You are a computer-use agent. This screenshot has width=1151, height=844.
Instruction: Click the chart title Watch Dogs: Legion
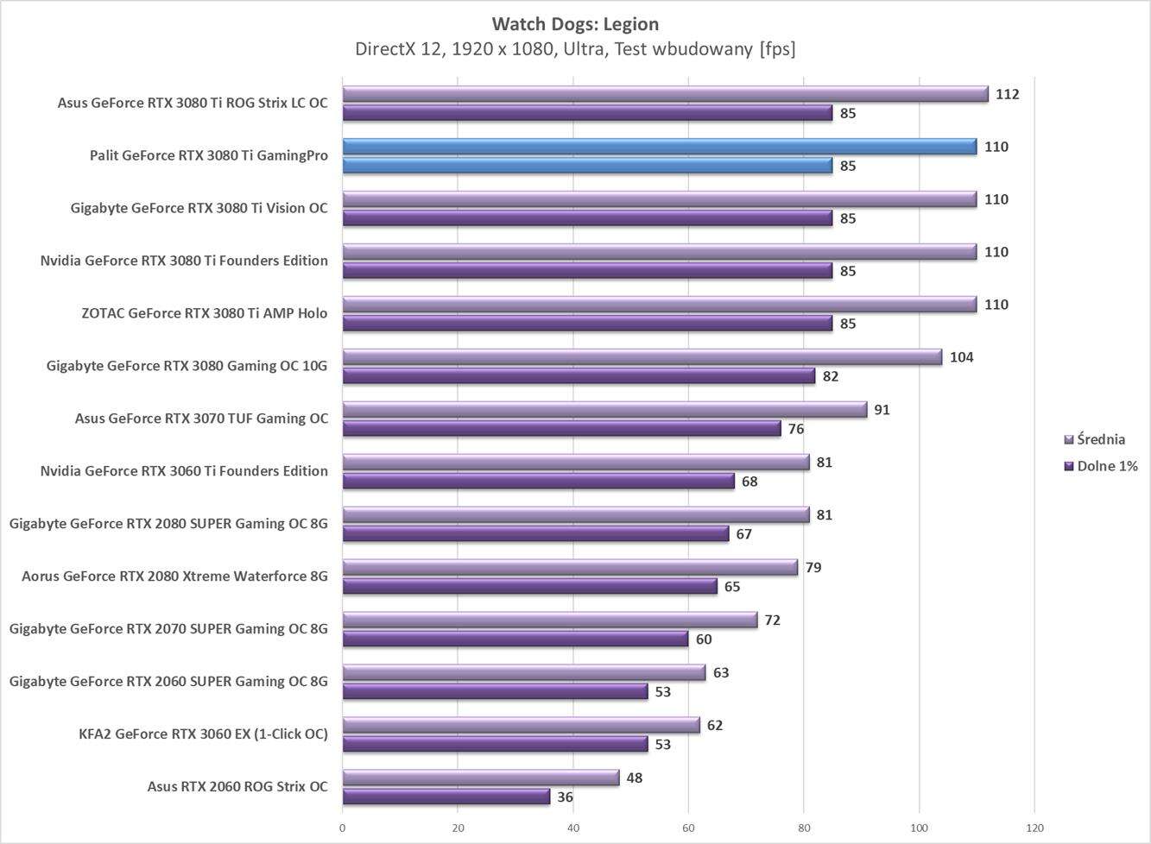click(x=575, y=23)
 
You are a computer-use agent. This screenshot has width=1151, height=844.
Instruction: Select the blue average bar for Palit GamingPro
click(x=659, y=147)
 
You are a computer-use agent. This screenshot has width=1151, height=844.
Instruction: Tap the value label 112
click(x=1007, y=94)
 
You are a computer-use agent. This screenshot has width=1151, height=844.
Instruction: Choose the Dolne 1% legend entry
click(x=1106, y=466)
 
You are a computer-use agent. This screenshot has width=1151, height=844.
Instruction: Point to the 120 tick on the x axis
click(x=1034, y=828)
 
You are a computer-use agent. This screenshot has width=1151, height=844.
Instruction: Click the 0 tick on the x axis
click(x=343, y=828)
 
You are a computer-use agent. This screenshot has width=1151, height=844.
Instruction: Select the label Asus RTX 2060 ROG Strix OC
click(x=237, y=786)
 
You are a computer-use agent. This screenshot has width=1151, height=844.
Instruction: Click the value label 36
click(x=565, y=797)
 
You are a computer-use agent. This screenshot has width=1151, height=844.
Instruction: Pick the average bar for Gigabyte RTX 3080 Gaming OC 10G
click(x=642, y=357)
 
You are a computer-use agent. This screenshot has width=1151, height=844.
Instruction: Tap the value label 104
click(x=961, y=357)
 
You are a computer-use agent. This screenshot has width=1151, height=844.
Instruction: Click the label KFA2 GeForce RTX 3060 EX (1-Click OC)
click(x=203, y=734)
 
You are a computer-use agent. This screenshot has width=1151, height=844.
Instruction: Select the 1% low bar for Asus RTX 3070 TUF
click(x=561, y=429)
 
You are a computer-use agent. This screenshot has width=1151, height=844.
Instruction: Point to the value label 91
click(x=882, y=410)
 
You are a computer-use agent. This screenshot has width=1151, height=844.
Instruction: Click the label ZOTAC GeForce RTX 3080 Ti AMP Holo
click(x=205, y=313)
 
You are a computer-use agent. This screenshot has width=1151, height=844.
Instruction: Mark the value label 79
click(x=813, y=568)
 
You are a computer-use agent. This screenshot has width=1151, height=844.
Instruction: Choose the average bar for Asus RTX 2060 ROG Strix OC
click(x=480, y=778)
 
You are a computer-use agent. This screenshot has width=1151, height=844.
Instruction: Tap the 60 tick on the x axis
click(x=688, y=828)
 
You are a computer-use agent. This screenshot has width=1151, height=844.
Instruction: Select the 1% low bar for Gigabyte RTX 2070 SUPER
click(x=515, y=639)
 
